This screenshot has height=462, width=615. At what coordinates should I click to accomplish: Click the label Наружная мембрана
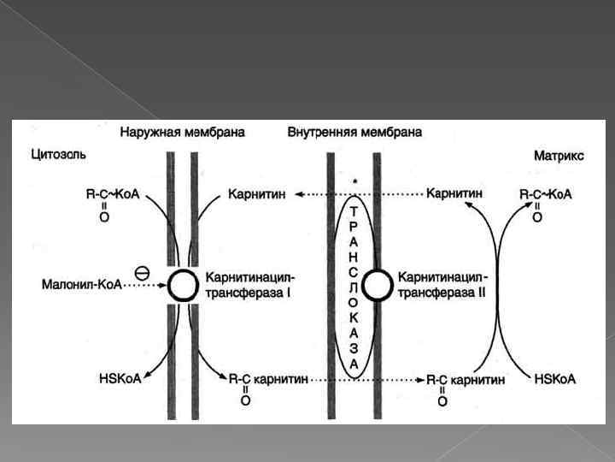[182, 133]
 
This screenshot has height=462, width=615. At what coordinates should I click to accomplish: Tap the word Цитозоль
[59, 155]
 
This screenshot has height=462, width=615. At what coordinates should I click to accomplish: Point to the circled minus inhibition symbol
[142, 271]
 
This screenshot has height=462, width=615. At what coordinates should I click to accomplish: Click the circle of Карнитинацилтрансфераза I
[183, 285]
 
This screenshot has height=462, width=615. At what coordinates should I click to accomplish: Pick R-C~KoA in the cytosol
[112, 195]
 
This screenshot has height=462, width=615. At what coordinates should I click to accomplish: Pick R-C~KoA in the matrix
[546, 195]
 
